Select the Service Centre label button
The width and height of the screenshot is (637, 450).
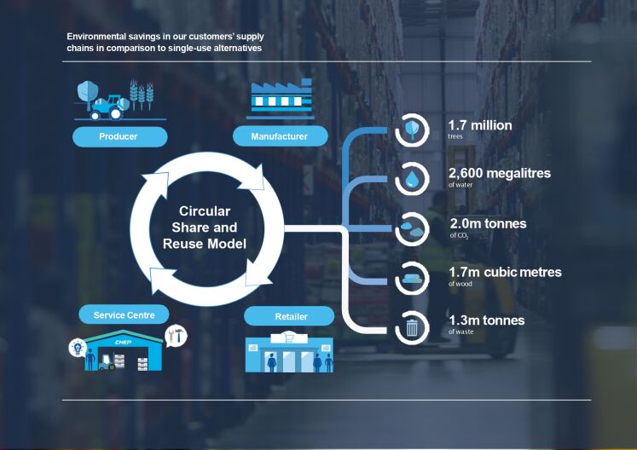click(123, 315)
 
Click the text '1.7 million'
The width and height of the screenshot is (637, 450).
click(480, 125)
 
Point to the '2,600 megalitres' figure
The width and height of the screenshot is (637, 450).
click(499, 173)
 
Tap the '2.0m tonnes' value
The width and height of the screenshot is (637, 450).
click(488, 223)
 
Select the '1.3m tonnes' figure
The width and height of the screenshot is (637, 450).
click(486, 320)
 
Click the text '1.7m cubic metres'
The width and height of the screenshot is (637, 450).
click(505, 272)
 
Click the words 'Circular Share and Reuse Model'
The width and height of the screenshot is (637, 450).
click(205, 228)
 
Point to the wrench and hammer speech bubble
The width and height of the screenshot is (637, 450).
click(176, 336)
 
